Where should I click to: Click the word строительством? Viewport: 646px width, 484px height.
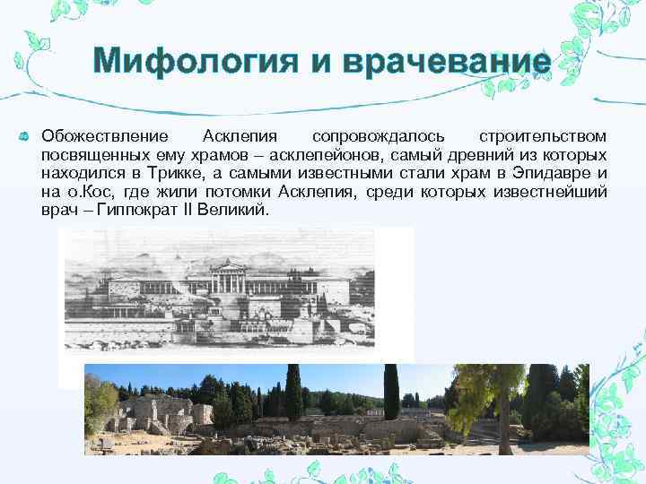[x=542, y=136]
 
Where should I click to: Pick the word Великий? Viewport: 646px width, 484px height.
[x=237, y=209]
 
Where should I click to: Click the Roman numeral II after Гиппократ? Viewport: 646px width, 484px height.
[x=194, y=209]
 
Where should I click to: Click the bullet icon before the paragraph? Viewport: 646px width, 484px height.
[x=24, y=136]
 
